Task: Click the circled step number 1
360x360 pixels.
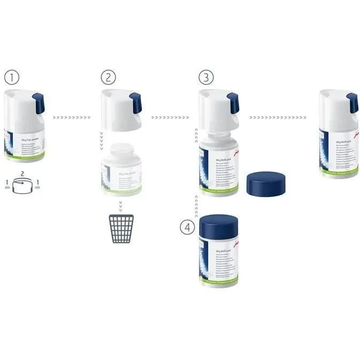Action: click(11, 78)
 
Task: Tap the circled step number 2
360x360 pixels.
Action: click(108, 78)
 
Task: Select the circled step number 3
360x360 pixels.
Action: click(205, 78)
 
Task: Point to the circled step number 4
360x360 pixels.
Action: click(186, 227)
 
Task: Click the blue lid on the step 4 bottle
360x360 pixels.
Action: click(218, 226)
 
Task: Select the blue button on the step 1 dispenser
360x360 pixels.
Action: click(39, 103)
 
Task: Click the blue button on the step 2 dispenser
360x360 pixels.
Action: click(136, 103)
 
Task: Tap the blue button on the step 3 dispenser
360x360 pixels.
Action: click(233, 103)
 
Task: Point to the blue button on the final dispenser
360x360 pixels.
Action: click(352, 103)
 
